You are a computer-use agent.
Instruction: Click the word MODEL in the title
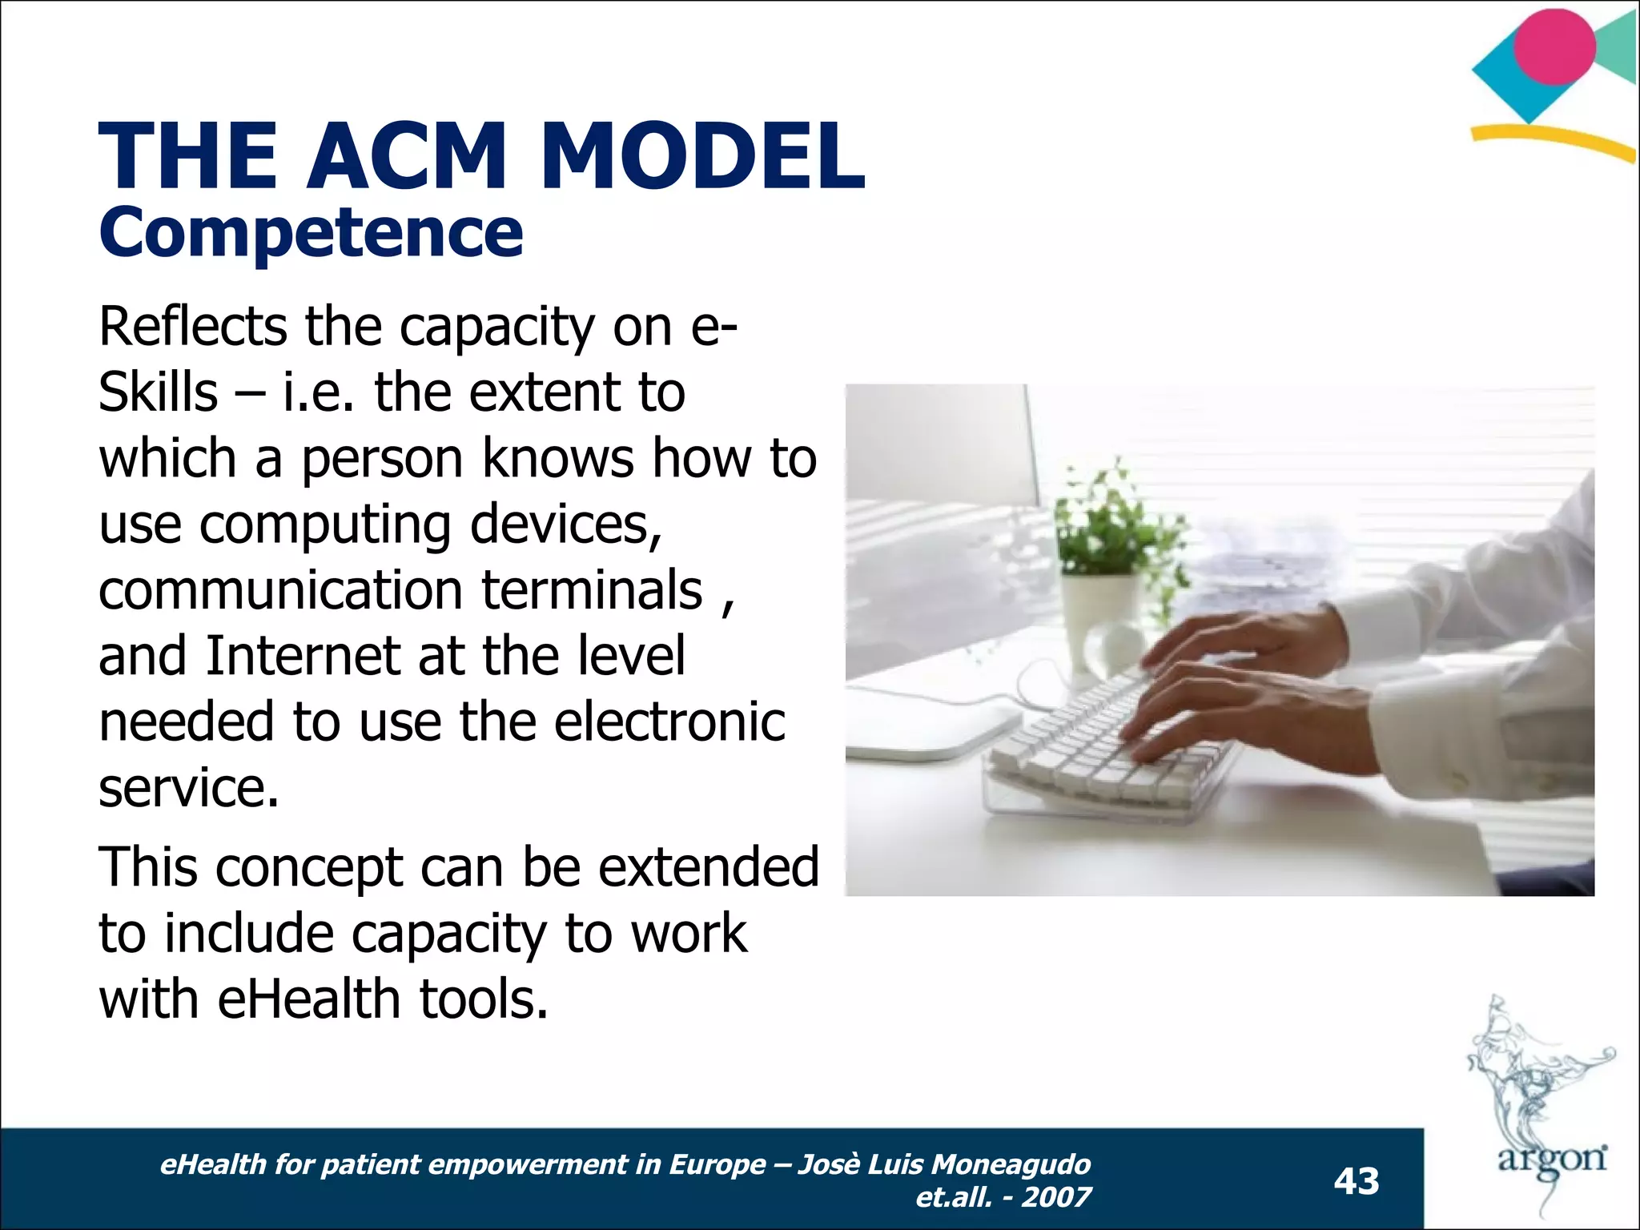point(702,156)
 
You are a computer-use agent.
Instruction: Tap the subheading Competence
point(311,233)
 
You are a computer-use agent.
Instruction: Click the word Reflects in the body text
point(192,327)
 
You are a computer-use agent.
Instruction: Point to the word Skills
point(158,392)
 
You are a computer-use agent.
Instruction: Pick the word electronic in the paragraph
point(669,722)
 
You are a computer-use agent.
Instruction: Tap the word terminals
point(592,590)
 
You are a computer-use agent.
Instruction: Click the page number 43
point(1357,1181)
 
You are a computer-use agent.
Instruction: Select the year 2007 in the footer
point(1056,1197)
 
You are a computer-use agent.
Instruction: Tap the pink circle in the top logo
point(1554,46)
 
